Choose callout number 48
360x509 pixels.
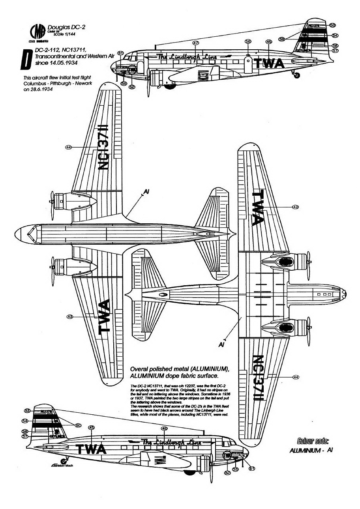point(164,429)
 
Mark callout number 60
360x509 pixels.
point(78,425)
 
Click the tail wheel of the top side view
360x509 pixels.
point(296,75)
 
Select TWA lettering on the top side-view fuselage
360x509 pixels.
point(268,64)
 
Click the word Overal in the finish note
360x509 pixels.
point(142,369)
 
